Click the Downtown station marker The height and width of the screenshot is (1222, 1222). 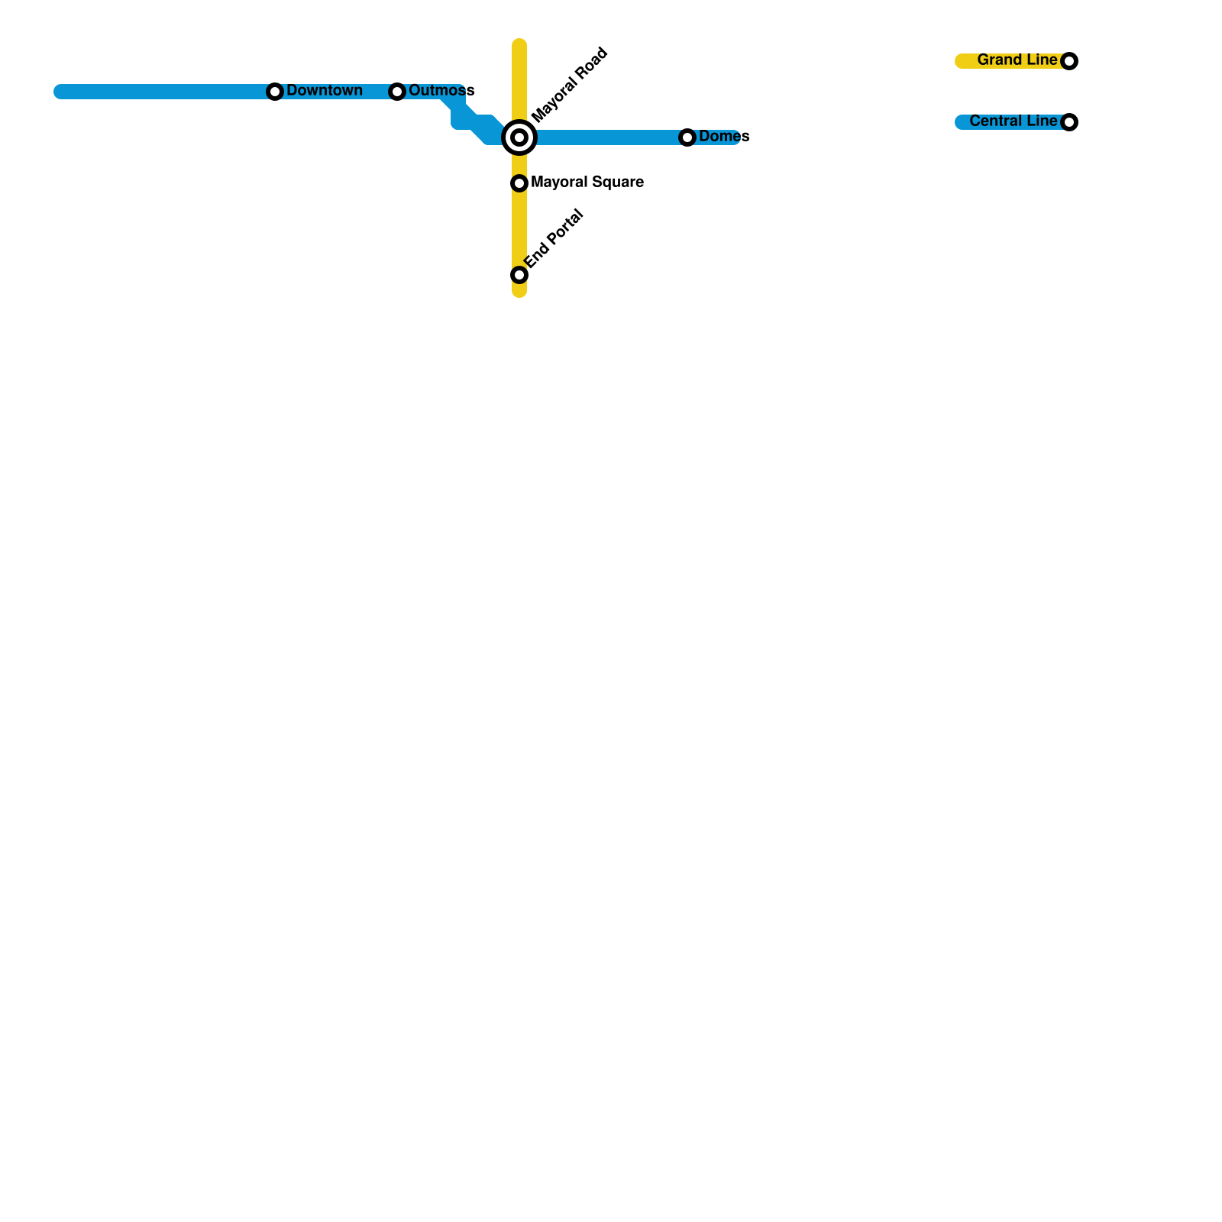275,92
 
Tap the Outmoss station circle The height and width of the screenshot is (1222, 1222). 397,92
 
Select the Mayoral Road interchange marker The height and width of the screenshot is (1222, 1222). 519,137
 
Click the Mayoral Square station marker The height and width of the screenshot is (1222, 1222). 519,183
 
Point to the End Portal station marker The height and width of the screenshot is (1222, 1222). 519,275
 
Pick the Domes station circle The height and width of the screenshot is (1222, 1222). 687,137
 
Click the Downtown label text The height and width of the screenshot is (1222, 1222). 325,91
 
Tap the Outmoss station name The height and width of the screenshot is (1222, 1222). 441,91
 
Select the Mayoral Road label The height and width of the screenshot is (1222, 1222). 570,85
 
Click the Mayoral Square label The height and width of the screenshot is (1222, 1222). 587,183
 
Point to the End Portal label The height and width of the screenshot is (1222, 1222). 554,238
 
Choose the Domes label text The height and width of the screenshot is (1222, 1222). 724,137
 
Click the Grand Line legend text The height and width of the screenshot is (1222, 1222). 1017,60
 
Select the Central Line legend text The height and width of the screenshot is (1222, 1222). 1013,121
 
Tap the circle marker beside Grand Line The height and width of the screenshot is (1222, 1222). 1069,61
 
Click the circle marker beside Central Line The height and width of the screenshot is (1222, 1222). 1069,122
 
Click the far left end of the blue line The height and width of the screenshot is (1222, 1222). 60,92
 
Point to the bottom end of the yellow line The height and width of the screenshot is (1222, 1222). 519,292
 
